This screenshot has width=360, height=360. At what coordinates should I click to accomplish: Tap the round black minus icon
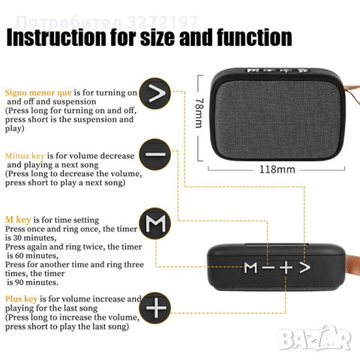pos(156,155)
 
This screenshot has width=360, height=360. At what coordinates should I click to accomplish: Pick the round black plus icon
pos(156,308)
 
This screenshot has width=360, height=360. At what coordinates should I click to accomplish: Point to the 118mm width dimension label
pos(276,169)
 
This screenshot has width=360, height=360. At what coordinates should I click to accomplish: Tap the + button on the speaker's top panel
pos(286,267)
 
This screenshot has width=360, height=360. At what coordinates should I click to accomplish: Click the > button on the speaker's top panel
pos(303,267)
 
